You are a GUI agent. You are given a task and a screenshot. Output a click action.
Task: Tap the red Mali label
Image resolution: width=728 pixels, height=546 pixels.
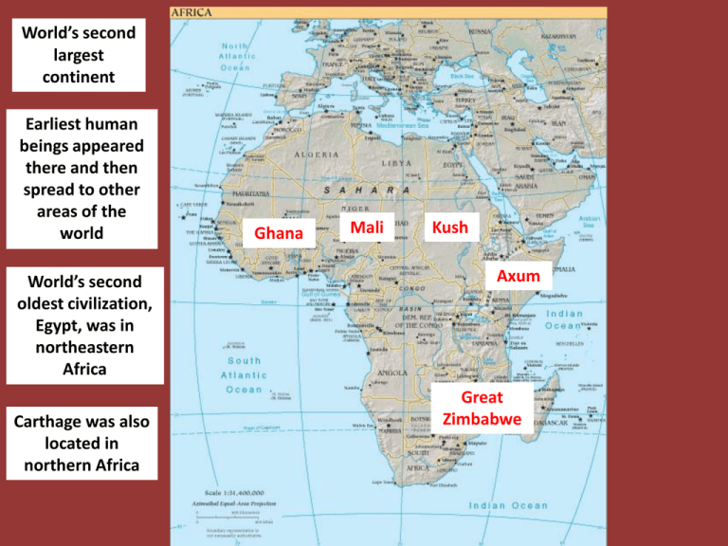(x=367, y=227)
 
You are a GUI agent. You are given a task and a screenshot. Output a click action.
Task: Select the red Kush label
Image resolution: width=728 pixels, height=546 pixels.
(x=448, y=228)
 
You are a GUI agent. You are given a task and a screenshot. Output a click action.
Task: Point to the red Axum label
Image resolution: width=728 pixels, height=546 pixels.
(x=518, y=276)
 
